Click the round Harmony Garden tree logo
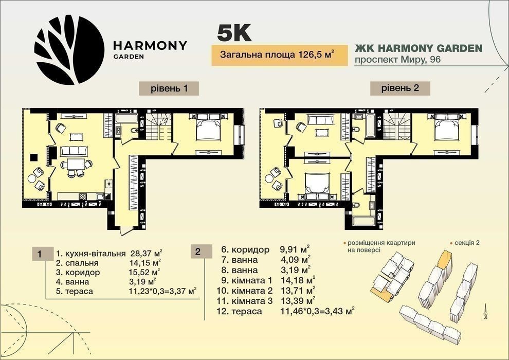point(69,50)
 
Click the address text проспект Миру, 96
point(397,60)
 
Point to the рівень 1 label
point(169,88)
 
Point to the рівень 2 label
point(400,88)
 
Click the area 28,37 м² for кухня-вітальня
point(147,253)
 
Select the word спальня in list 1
point(82,263)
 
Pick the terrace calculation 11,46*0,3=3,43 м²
point(317,311)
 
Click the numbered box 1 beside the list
point(39,254)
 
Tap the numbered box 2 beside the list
point(198,251)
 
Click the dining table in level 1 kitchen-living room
point(76,164)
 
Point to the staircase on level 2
point(397,127)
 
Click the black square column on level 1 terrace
point(34,157)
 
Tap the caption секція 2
point(467,243)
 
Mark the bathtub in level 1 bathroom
point(126,118)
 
